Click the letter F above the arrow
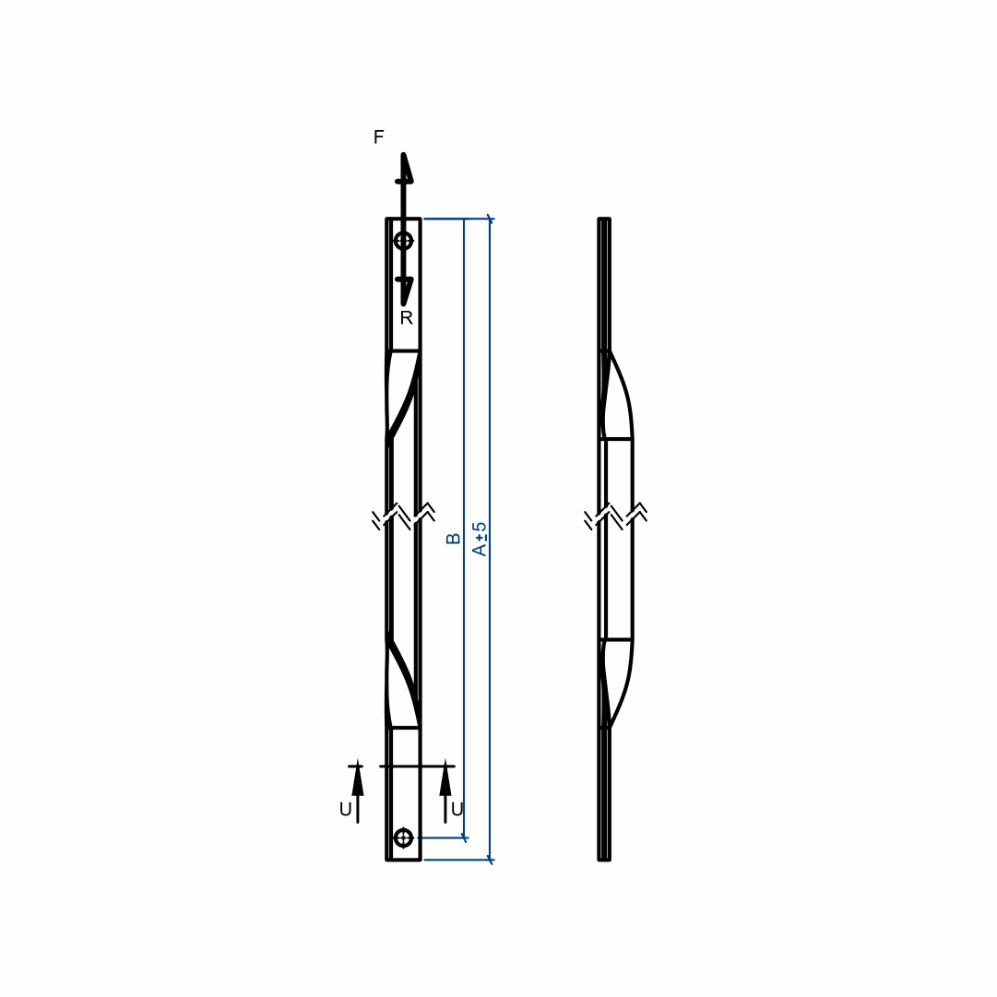(x=378, y=136)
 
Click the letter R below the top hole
(x=407, y=317)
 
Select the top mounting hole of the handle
(x=404, y=241)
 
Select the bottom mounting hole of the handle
(x=404, y=838)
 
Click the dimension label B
(x=454, y=539)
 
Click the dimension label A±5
(x=481, y=540)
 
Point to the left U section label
(x=345, y=810)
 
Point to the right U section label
(x=457, y=810)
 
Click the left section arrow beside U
(x=358, y=791)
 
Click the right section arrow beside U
(x=445, y=791)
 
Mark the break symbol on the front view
(x=404, y=516)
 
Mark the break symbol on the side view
(x=616, y=516)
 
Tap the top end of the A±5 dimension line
(x=490, y=219)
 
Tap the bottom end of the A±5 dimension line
(x=490, y=861)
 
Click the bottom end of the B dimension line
(x=464, y=838)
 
